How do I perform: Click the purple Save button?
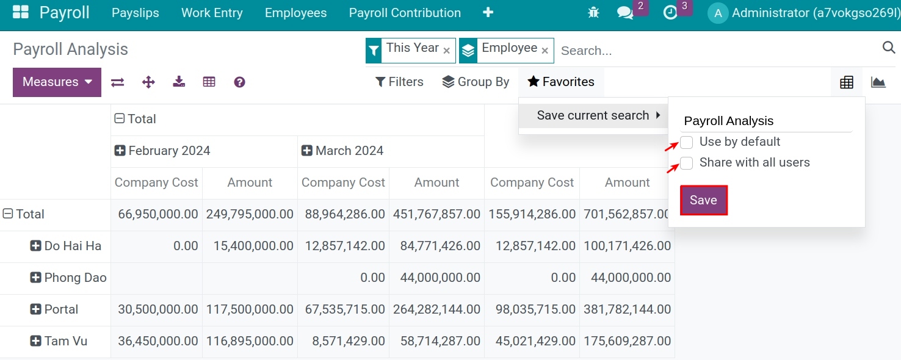(703, 200)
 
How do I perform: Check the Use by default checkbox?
(687, 142)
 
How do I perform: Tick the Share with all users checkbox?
(687, 163)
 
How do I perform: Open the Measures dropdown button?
(57, 82)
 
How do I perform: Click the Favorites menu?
(561, 82)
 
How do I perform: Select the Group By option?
(476, 82)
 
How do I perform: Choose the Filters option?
(399, 82)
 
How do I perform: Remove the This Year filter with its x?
(446, 51)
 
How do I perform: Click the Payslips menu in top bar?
(136, 13)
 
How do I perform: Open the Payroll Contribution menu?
(405, 13)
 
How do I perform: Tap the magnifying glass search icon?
(888, 48)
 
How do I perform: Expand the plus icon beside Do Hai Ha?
(36, 246)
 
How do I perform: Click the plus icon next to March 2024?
(307, 151)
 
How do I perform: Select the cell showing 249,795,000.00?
(250, 214)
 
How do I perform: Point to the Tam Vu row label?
(65, 341)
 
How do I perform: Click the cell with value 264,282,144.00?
(436, 309)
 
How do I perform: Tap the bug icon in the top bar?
(593, 12)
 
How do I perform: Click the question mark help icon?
(240, 82)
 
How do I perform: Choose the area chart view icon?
(878, 82)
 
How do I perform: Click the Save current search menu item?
(593, 115)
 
